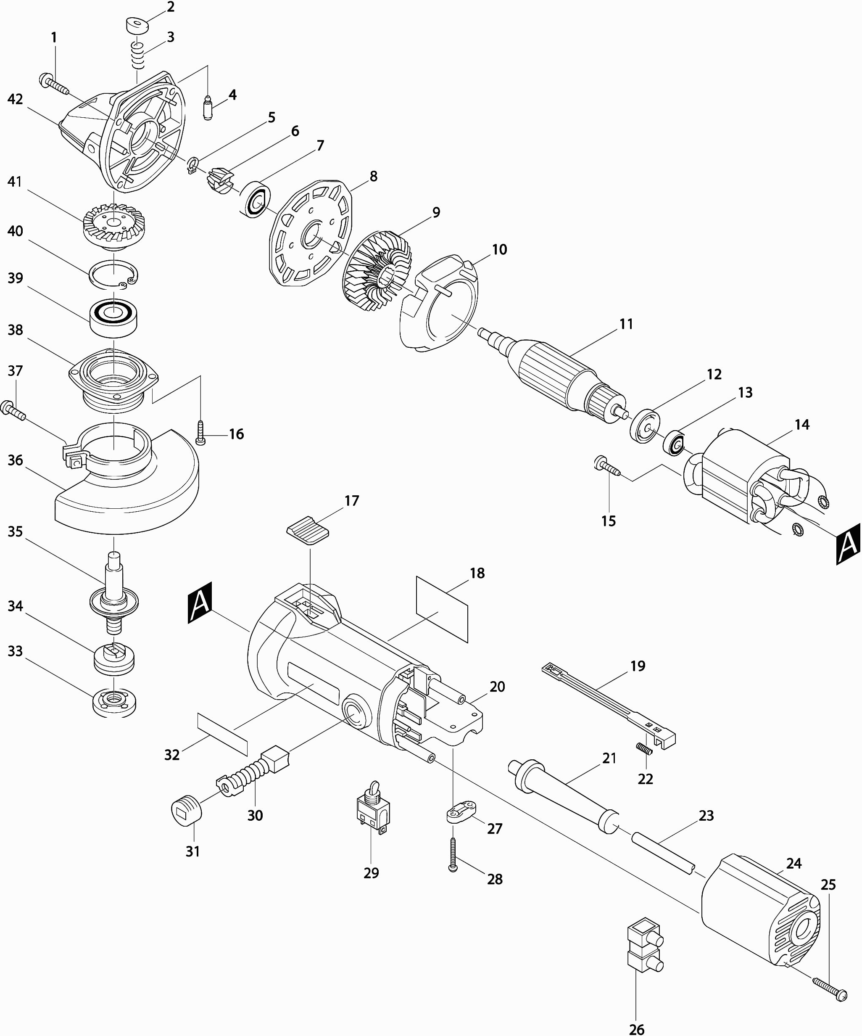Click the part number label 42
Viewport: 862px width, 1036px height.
click(15, 99)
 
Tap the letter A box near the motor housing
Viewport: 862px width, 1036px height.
click(200, 603)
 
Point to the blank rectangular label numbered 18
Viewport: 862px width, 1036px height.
click(442, 608)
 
